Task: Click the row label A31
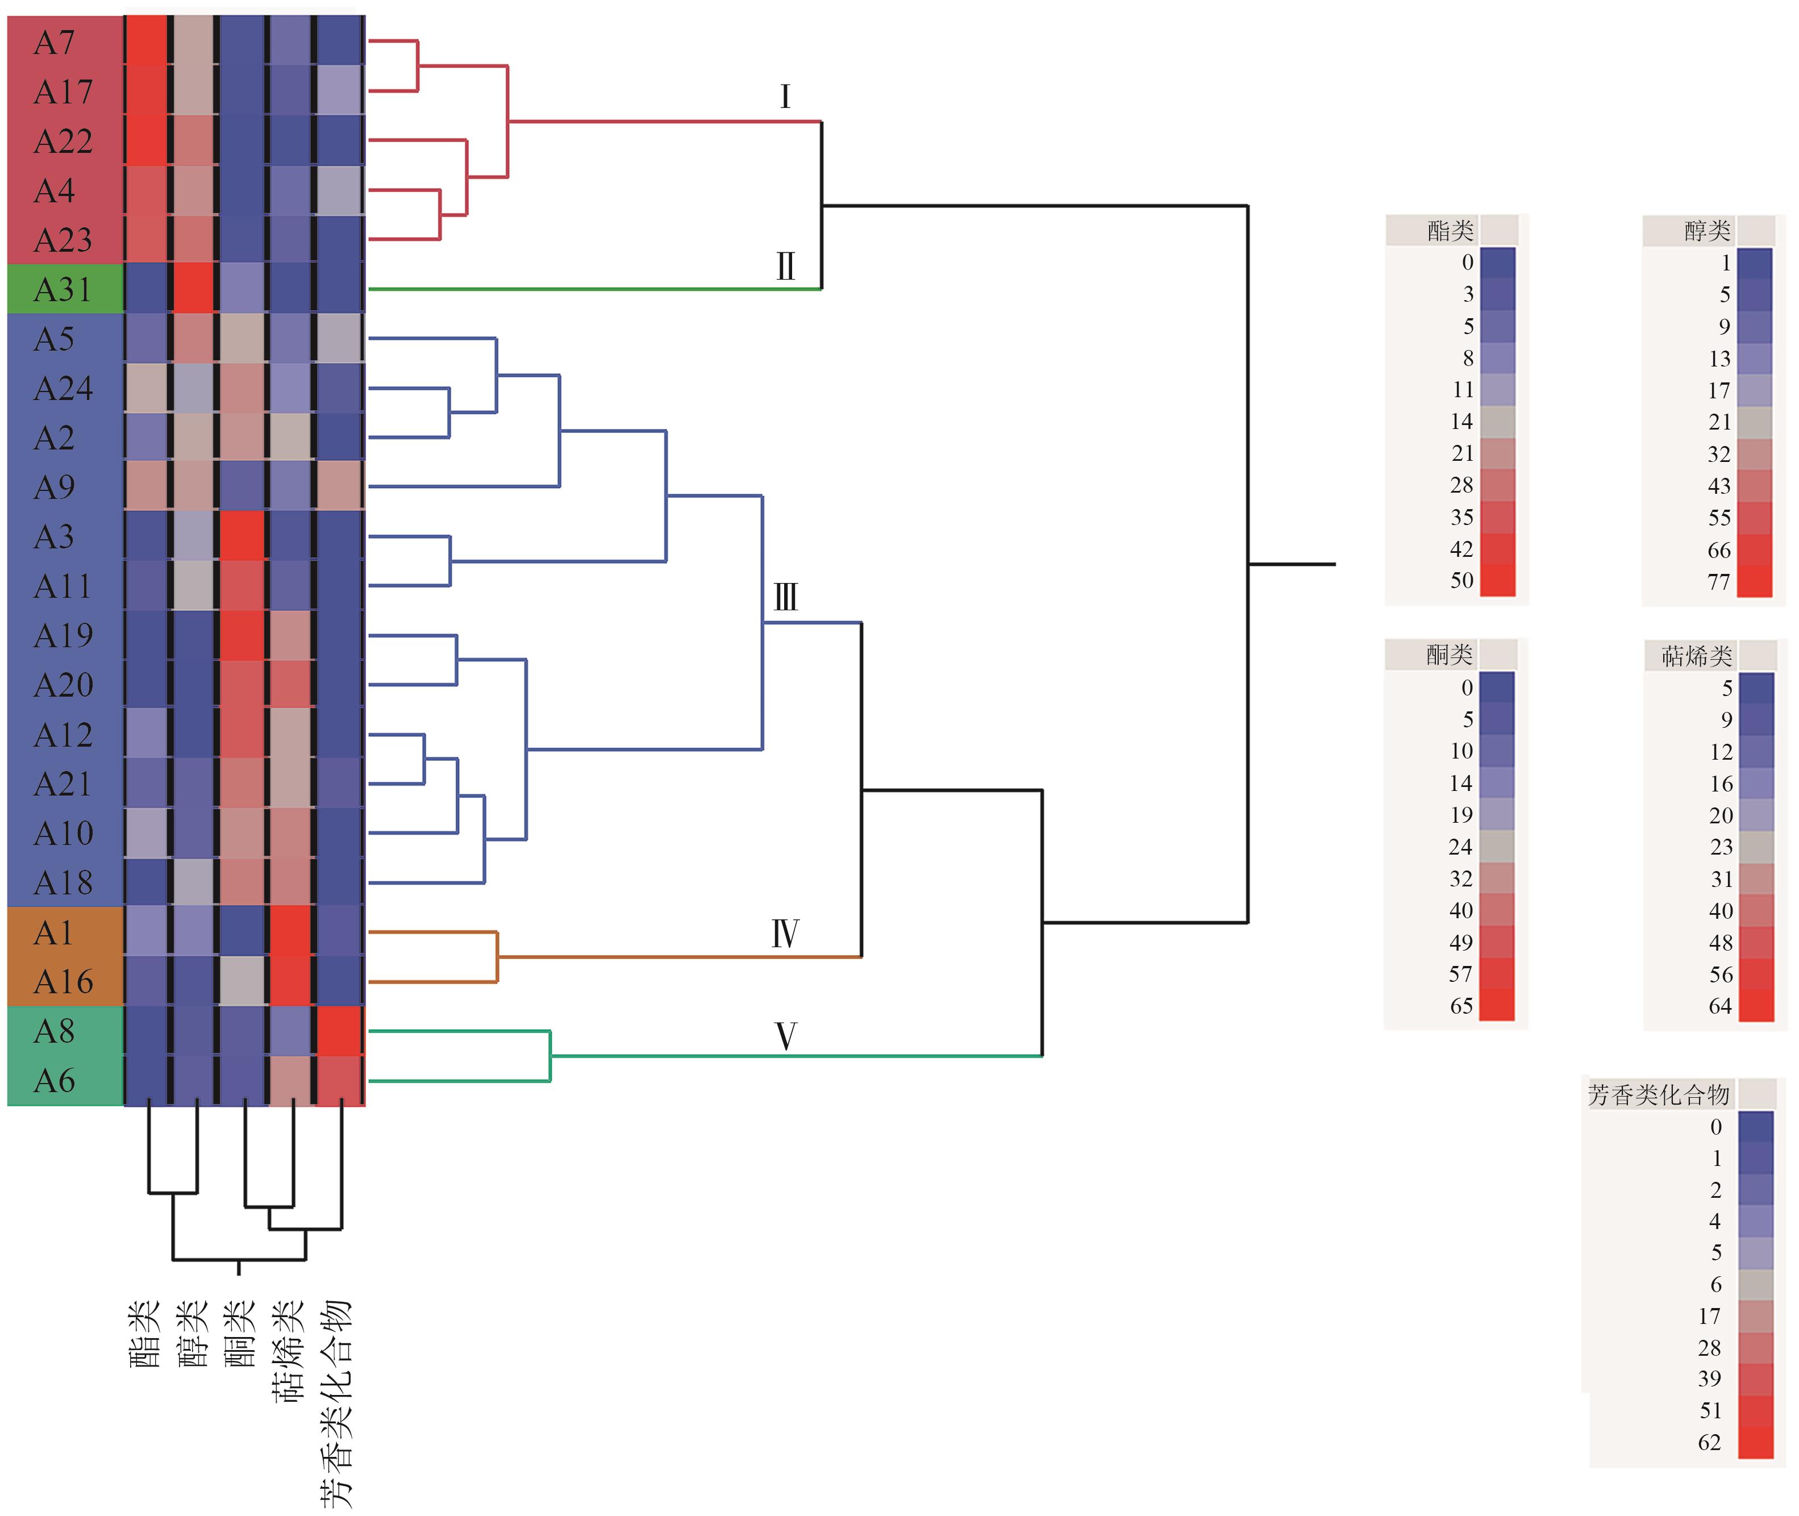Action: point(62,290)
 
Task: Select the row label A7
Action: point(54,42)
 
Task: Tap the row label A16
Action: point(63,981)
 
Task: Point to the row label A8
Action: point(54,1030)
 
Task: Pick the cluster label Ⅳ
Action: point(785,934)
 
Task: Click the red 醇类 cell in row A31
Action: point(193,290)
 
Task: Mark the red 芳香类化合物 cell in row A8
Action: point(340,1030)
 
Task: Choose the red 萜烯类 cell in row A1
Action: point(290,932)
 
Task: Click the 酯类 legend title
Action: point(1450,230)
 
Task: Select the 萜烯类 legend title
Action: point(1697,657)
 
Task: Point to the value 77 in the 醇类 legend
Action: point(1718,582)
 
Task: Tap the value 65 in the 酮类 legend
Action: point(1461,1006)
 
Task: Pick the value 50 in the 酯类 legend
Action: point(1461,580)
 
